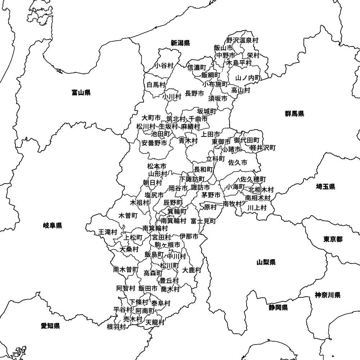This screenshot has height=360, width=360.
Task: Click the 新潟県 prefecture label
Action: pyautogui.click(x=180, y=43)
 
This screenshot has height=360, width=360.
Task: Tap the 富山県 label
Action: pyautogui.click(x=81, y=93)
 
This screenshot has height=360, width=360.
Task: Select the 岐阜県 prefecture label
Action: pyautogui.click(x=53, y=226)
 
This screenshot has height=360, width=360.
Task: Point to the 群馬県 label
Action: pyautogui.click(x=294, y=114)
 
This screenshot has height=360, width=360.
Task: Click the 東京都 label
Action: pyautogui.click(x=333, y=239)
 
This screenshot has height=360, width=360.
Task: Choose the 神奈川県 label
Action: pyautogui.click(x=328, y=295)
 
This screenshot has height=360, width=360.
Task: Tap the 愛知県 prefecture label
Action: pyautogui.click(x=50, y=326)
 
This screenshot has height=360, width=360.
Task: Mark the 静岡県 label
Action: pyautogui.click(x=278, y=307)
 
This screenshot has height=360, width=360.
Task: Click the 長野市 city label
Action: pyautogui.click(x=194, y=94)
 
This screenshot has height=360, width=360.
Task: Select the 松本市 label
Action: pyautogui.click(x=157, y=166)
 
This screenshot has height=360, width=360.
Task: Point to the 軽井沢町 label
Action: pyautogui.click(x=263, y=148)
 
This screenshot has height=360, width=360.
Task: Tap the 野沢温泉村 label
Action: pyautogui.click(x=242, y=40)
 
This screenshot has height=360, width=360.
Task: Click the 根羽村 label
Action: pyautogui.click(x=116, y=327)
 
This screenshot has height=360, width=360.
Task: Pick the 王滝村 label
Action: pyautogui.click(x=108, y=232)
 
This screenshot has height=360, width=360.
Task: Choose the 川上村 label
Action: pyautogui.click(x=257, y=207)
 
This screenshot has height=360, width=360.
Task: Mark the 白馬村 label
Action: pyautogui.click(x=156, y=85)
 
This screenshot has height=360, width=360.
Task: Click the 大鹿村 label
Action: pyautogui.click(x=192, y=270)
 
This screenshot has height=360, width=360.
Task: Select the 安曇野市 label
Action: pyautogui.click(x=154, y=143)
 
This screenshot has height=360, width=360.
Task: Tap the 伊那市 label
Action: pyautogui.click(x=189, y=237)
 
